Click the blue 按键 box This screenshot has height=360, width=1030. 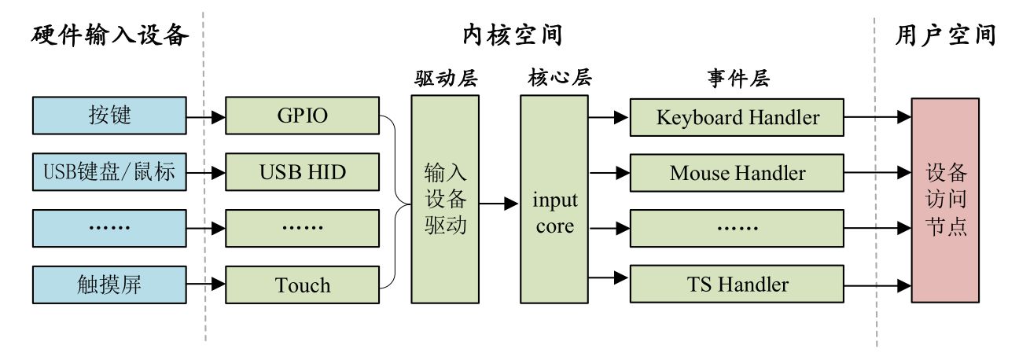click(x=109, y=116)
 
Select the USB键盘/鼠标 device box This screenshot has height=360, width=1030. click(x=109, y=172)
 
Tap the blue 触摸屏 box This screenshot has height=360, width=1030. click(x=109, y=285)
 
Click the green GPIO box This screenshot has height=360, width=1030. click(x=303, y=116)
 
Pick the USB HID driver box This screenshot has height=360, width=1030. click(x=303, y=172)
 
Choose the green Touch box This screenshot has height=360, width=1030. click(x=303, y=285)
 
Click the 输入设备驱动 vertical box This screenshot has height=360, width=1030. click(x=445, y=200)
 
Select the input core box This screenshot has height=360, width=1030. click(x=554, y=200)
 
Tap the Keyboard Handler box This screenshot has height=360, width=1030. click(x=737, y=118)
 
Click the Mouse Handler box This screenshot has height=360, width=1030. click(x=737, y=173)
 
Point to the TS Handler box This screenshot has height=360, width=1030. click(x=737, y=284)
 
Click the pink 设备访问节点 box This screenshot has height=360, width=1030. click(x=945, y=200)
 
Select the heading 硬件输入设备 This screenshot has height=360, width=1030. click(x=110, y=35)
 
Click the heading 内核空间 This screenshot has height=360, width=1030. click(x=512, y=35)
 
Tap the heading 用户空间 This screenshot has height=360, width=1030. click(x=945, y=35)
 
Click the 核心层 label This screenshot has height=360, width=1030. click(x=555, y=79)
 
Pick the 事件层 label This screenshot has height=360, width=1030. click(x=737, y=79)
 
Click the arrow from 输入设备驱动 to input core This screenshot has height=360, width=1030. click(x=499, y=203)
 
